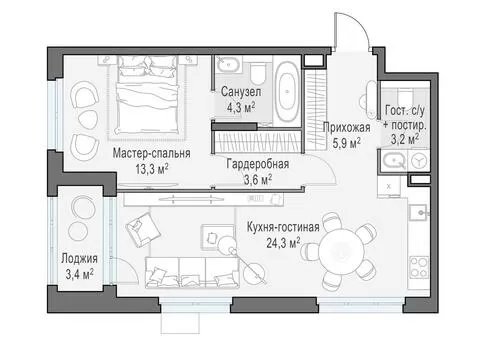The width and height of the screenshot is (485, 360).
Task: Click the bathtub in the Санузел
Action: click(288, 91)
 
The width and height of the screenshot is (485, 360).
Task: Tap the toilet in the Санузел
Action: click(257, 74)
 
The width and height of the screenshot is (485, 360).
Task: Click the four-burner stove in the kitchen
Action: click(419, 267)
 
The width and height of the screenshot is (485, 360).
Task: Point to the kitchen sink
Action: click(418, 212)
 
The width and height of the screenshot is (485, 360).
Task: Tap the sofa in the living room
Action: click(192, 272)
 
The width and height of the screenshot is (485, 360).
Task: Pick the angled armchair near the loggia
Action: click(143, 229)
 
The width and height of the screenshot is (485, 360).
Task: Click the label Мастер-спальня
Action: click(152, 153)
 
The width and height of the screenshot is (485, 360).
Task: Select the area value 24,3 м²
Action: click(283, 243)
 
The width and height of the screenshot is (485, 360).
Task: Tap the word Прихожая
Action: click(347, 127)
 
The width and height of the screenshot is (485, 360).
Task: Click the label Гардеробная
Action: click(258, 164)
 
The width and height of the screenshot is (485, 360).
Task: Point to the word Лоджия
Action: click(79, 259)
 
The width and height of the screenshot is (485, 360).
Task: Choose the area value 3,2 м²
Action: click(405, 139)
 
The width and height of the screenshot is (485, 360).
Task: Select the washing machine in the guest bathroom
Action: click(418, 161)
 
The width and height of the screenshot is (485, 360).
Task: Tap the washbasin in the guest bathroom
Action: click(394, 161)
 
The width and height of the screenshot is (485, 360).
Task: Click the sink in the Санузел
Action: click(228, 65)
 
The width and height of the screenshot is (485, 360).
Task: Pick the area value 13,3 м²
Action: click(152, 169)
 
